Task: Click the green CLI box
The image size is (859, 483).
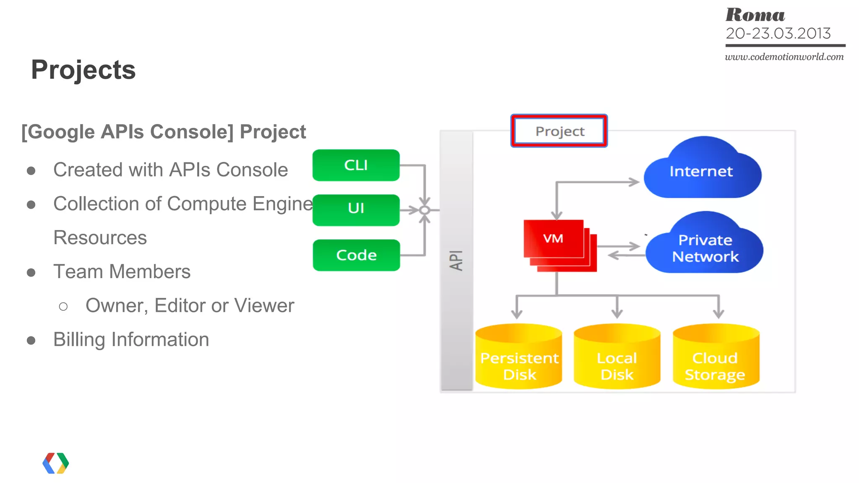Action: coord(356,165)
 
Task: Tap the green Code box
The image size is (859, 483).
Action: coord(356,255)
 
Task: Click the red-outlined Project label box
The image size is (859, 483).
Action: coord(559,131)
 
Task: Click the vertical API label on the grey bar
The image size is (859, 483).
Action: coord(456,260)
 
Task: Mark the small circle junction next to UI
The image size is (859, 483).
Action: coord(424,210)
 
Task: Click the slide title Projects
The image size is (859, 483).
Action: coord(83,70)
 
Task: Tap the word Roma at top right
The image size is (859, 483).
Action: coord(755,15)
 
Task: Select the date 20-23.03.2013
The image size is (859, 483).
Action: coord(778,34)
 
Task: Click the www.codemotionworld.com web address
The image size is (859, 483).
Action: coord(784,57)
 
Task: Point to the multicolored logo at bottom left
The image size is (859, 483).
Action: coord(56,463)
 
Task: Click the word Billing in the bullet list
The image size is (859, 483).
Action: coord(79,339)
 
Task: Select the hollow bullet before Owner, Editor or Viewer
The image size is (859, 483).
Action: coord(63,307)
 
